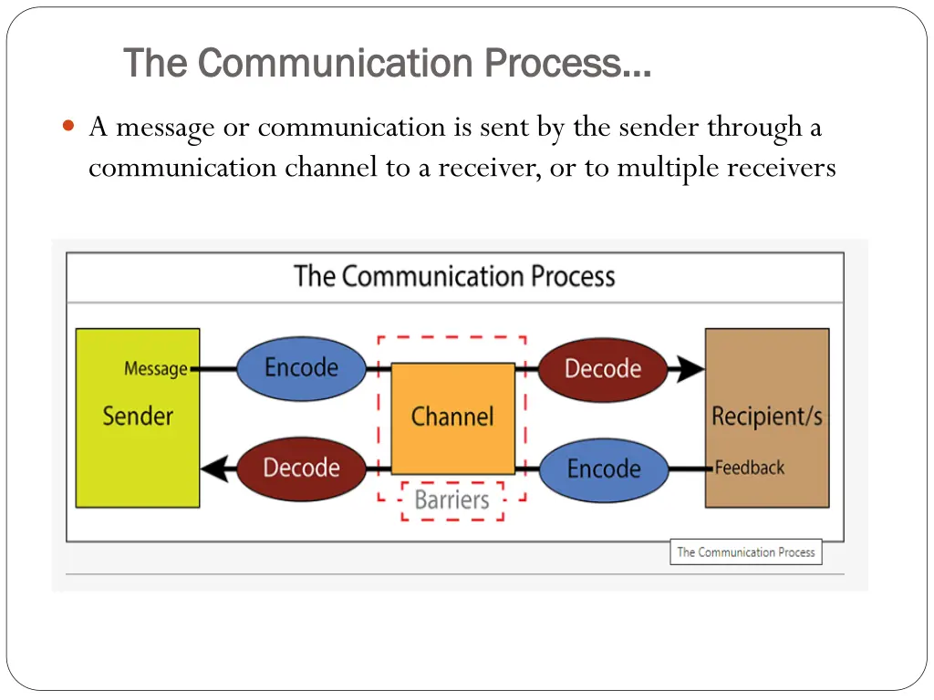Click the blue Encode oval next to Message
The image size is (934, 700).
(x=301, y=368)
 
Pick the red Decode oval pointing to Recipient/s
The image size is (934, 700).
(x=603, y=369)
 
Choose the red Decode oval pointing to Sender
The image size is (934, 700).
(x=301, y=468)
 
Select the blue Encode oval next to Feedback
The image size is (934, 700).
(x=604, y=468)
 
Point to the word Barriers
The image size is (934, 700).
(x=452, y=499)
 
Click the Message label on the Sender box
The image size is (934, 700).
(x=156, y=369)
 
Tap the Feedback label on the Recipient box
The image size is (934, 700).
(x=750, y=468)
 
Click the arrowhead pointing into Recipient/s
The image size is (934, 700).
(x=690, y=369)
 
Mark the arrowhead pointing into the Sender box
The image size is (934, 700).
(x=213, y=468)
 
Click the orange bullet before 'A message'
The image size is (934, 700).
(x=70, y=127)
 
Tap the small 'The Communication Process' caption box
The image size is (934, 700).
(x=745, y=551)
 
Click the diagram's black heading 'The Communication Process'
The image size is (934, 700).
(x=454, y=276)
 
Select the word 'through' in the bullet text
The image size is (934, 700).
(x=755, y=128)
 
